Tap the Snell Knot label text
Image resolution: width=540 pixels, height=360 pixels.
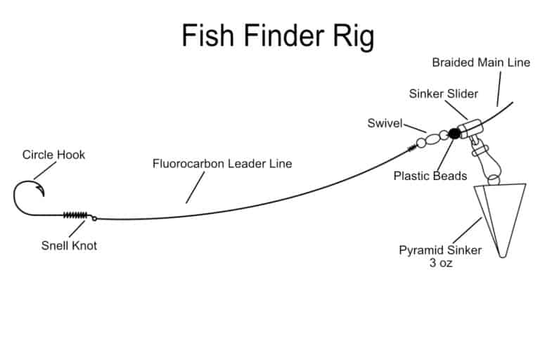(x=69, y=245)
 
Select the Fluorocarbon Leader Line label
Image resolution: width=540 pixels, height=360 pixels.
(x=222, y=164)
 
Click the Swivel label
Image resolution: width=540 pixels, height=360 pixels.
(x=384, y=123)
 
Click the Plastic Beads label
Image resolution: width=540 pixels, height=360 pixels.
(x=430, y=176)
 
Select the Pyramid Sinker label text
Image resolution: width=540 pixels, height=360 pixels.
(x=440, y=250)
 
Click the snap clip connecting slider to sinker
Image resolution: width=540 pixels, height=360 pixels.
(x=482, y=150)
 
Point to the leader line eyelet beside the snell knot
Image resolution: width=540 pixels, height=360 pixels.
(x=94, y=217)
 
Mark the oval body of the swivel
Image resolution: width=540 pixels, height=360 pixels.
(x=432, y=139)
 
